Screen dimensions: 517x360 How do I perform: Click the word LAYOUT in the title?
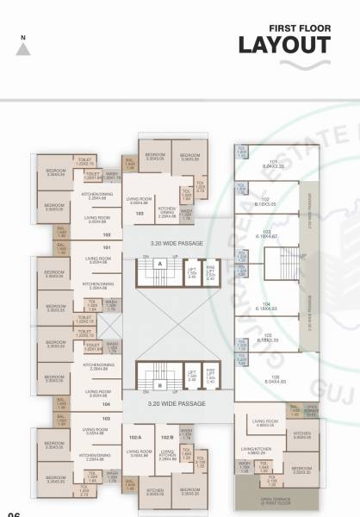click(284, 44)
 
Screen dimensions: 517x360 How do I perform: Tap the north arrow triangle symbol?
click(24, 48)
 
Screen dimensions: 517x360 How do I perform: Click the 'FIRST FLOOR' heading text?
click(298, 27)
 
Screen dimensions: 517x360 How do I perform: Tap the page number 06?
click(14, 514)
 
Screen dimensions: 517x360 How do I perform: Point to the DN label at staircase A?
click(146, 257)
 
